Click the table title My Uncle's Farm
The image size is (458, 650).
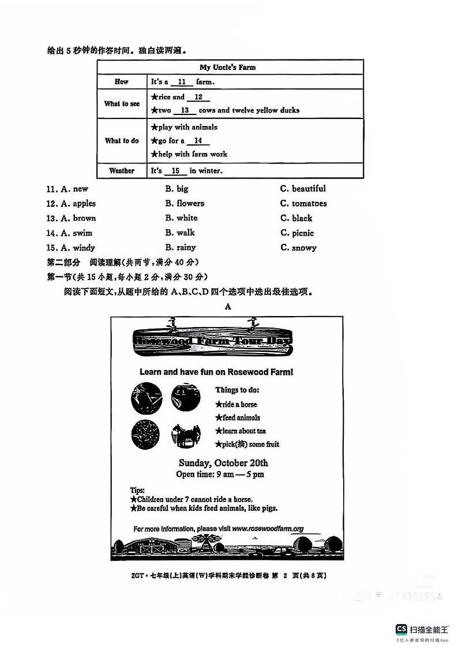[227, 68]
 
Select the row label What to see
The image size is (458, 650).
[122, 104]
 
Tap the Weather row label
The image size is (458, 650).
[122, 171]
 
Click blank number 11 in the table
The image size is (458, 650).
[182, 82]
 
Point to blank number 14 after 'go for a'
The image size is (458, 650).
[198, 141]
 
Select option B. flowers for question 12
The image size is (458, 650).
[185, 203]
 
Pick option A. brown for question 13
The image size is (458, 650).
[78, 218]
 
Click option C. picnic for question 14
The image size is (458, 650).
[297, 233]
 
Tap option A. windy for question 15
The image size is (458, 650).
[78, 248]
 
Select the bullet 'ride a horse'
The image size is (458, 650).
[236, 404]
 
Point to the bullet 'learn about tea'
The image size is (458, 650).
[241, 431]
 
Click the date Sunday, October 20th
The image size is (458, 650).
[223, 463]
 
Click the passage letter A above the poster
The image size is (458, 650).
[228, 307]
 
